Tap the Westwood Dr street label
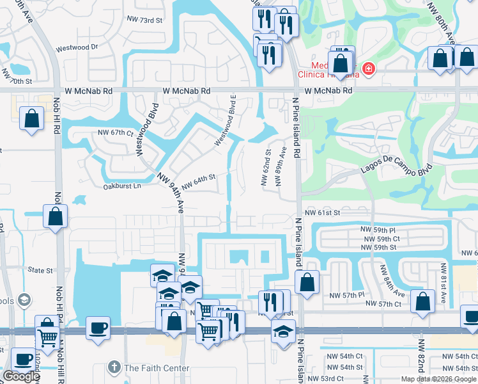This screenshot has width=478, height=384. coord(77,47)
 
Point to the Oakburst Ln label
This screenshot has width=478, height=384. coord(121,186)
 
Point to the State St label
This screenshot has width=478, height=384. coord(41,270)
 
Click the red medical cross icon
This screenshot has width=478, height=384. coord(368,68)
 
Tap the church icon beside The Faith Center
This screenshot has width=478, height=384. coord(114,368)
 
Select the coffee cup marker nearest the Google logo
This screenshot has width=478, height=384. coord(23,360)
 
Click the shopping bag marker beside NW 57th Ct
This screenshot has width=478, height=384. coord(422,302)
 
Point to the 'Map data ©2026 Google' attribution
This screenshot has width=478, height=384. coord(438,379)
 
